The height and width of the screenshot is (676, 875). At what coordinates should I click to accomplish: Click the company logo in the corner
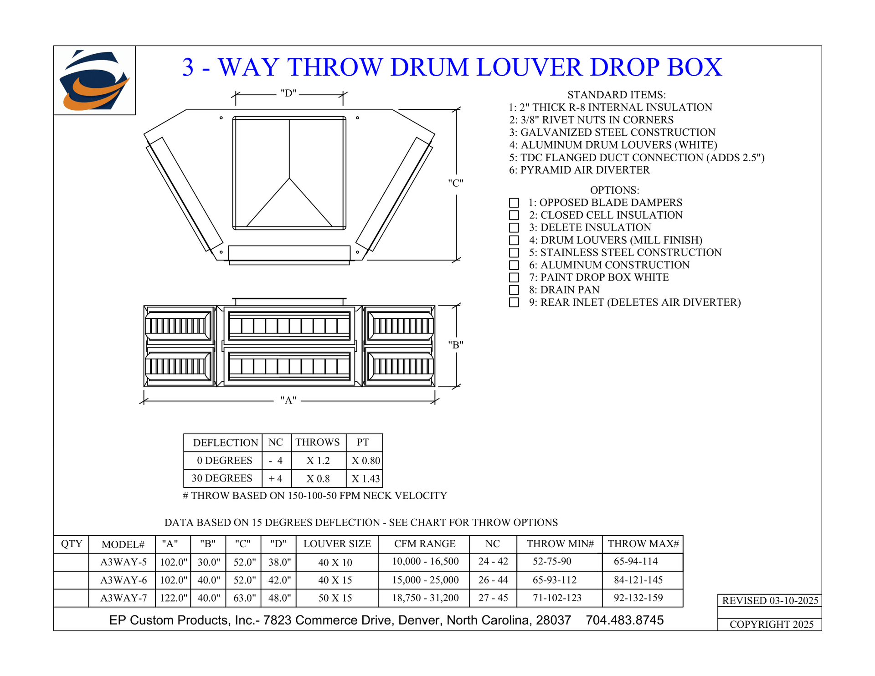pos(95,80)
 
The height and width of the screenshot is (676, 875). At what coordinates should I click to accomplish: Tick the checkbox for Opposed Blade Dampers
pos(514,203)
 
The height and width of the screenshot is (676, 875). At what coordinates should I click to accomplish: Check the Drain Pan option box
pos(514,290)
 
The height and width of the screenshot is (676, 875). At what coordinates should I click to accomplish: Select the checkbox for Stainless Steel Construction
pos(514,252)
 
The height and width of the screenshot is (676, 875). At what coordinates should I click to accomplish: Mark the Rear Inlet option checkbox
pos(514,302)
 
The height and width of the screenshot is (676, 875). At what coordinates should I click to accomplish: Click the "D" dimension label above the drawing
pos(288,93)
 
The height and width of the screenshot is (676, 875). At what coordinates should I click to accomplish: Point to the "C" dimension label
pos(456,183)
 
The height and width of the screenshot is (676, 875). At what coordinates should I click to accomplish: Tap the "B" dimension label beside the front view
pos(456,345)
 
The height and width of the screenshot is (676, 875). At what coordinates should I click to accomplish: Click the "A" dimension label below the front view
pos(288,400)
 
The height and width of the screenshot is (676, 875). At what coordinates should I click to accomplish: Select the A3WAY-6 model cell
pos(124,580)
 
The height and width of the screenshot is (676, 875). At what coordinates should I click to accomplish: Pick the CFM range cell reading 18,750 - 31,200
pos(425,598)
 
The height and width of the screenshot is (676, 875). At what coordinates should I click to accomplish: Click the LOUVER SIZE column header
pos(337,544)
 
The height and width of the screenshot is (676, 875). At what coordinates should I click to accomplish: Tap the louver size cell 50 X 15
pos(335,598)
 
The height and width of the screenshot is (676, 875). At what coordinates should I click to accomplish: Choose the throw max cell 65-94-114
pos(636,562)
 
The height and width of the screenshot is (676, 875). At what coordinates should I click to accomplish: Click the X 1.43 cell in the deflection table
pos(365,479)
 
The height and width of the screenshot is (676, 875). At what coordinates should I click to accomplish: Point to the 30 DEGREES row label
pos(222,478)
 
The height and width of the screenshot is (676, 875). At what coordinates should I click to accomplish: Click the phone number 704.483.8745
pos(625,620)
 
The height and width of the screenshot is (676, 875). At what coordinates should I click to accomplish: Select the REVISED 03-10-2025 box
pos(770,600)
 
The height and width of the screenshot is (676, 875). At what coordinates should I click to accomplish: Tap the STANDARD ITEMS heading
pos(617,95)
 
